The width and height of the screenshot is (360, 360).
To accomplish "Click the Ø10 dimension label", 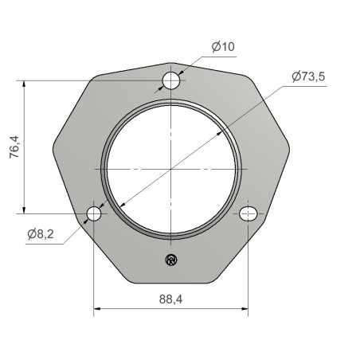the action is [223, 47].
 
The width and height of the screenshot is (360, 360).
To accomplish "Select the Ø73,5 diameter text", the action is [308, 76].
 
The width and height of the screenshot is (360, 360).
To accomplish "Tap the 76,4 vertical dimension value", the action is [14, 147].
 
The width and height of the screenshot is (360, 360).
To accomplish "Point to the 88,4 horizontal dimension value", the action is [170, 299].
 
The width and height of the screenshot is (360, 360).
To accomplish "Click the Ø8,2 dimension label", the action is [41, 234].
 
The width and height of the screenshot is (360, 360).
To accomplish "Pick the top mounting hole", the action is [171, 80].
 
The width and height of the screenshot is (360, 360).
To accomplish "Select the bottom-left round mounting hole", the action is [94, 213].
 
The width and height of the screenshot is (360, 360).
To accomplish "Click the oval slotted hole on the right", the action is [248, 213].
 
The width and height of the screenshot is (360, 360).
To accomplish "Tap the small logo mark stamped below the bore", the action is [171, 260].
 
